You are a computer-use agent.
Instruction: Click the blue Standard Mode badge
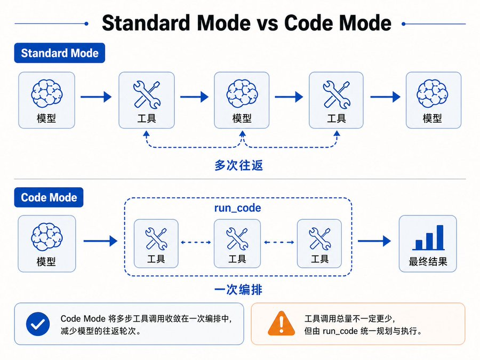coord(60,53)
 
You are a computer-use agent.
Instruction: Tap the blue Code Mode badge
coord(49,197)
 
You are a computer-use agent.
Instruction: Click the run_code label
coord(237,208)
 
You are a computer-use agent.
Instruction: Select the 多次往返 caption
coord(238,165)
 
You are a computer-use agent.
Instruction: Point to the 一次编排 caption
coord(238,290)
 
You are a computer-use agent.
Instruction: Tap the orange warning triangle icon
coord(281,324)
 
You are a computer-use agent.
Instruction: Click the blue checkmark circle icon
coord(38,324)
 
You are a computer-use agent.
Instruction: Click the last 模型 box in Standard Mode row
coord(434,100)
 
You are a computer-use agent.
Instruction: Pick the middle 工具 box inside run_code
coord(237,243)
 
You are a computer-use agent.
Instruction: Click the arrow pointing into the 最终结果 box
coord(374,241)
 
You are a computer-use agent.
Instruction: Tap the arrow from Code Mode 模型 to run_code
coord(100,241)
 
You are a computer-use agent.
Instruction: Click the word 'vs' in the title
coord(267,23)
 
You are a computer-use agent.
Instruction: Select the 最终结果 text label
coord(428,261)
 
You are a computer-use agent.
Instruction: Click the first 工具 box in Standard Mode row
coord(147,100)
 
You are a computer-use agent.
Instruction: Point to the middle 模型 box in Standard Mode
coord(242,100)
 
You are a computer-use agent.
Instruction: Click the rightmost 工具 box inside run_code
coord(319,243)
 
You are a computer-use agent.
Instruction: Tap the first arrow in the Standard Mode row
coord(96,97)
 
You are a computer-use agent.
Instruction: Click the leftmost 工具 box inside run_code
coord(156,243)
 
